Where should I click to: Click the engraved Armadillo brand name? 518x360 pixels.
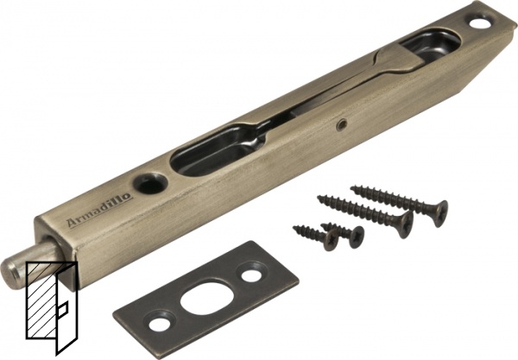click(100, 210)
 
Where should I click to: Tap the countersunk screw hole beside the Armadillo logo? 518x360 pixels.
click(150, 182)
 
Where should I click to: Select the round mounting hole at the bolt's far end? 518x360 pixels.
click(477, 22)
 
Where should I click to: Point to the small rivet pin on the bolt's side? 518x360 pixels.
click(340, 124)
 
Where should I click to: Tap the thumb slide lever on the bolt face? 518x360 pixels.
click(396, 59)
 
